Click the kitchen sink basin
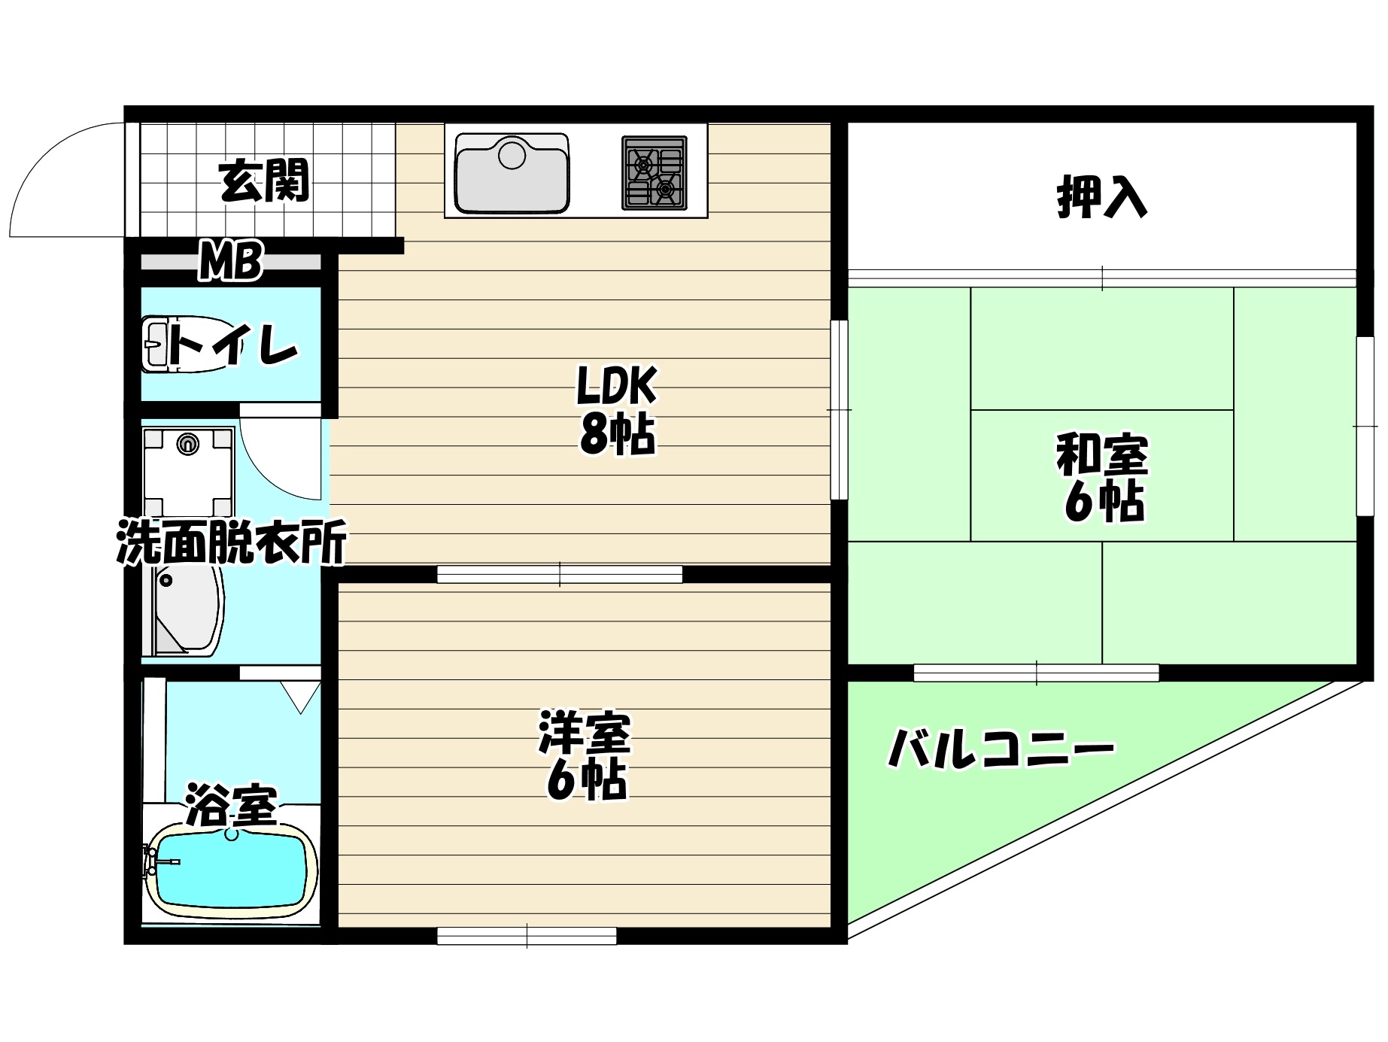click(x=512, y=174)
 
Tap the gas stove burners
click(x=654, y=172)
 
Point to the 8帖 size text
click(x=617, y=435)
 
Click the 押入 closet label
click(x=1102, y=196)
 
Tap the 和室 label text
click(x=1102, y=455)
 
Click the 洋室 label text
click(x=585, y=734)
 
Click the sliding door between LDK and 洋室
click(x=560, y=574)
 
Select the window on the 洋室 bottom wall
click(x=527, y=936)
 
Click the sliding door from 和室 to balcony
click(x=1036, y=673)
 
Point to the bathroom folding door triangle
click(x=302, y=696)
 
